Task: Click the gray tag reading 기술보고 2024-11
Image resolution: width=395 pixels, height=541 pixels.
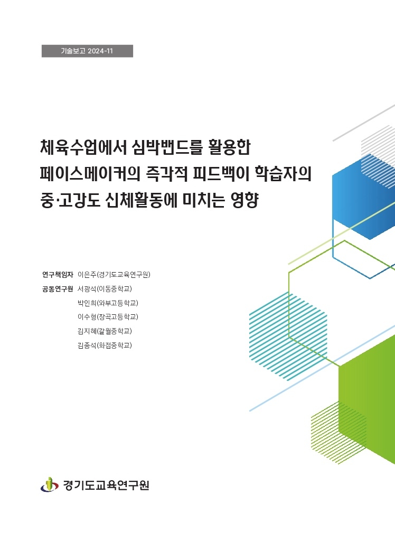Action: coord(87,51)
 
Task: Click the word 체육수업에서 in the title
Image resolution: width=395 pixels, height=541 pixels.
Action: coord(82,147)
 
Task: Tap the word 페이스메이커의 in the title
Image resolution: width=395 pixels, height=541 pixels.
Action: coord(90,174)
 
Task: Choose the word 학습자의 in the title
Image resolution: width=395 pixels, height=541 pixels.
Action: coord(283,174)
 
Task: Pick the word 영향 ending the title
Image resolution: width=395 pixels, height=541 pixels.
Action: coord(244,200)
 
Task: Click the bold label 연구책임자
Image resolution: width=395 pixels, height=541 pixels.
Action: coord(58,275)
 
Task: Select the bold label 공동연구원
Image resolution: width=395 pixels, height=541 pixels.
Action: coord(58,289)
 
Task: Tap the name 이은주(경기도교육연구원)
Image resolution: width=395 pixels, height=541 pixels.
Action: coord(114,275)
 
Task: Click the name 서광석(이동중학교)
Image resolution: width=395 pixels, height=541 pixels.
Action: coord(105,289)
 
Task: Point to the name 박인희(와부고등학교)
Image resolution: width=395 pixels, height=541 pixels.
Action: coord(108,303)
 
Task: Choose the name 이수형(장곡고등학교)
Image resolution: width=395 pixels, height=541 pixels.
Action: coord(108,317)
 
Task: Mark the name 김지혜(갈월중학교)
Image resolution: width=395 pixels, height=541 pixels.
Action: coord(105,331)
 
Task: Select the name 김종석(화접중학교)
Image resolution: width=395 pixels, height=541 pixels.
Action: coord(105,346)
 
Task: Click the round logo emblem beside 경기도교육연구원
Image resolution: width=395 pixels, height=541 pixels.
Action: coord(50,485)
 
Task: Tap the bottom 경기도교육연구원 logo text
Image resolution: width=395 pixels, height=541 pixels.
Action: coord(106,485)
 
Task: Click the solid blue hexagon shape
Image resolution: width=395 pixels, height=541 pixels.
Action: coord(364,197)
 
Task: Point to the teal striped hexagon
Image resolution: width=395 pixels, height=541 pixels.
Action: coord(288,337)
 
